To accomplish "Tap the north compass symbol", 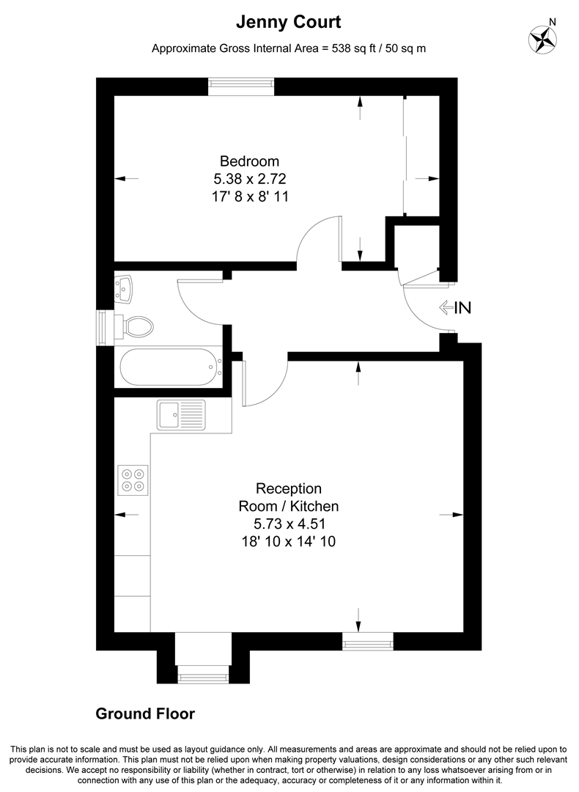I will click(543, 39).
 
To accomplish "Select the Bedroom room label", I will click(250, 161).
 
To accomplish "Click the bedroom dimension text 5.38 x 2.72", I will click(250, 179).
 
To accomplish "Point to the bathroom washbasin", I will click(125, 288).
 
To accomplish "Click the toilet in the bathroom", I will click(135, 326).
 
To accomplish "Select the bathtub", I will click(169, 367).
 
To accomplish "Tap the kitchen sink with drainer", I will click(181, 415).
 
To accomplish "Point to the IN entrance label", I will click(462, 308).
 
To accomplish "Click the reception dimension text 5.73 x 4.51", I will click(289, 524).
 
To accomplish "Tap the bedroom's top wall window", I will click(241, 86).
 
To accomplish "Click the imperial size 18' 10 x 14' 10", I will click(289, 541).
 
